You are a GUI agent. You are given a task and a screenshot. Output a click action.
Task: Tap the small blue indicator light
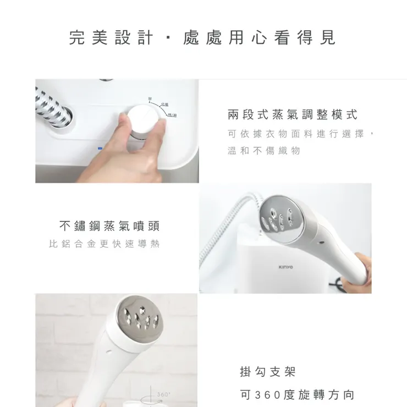(100, 148)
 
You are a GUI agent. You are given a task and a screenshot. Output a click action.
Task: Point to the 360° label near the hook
(164, 394)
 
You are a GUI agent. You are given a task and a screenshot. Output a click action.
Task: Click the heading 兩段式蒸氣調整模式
(292, 115)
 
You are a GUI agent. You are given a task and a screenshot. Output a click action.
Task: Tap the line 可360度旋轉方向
(298, 395)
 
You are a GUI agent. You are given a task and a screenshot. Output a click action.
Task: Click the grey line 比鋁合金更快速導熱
(104, 244)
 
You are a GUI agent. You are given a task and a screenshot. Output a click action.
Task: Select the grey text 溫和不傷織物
(264, 150)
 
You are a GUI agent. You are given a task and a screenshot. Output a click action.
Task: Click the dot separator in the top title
(167, 38)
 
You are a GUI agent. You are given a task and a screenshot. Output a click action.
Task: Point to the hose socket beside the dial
(61, 117)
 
